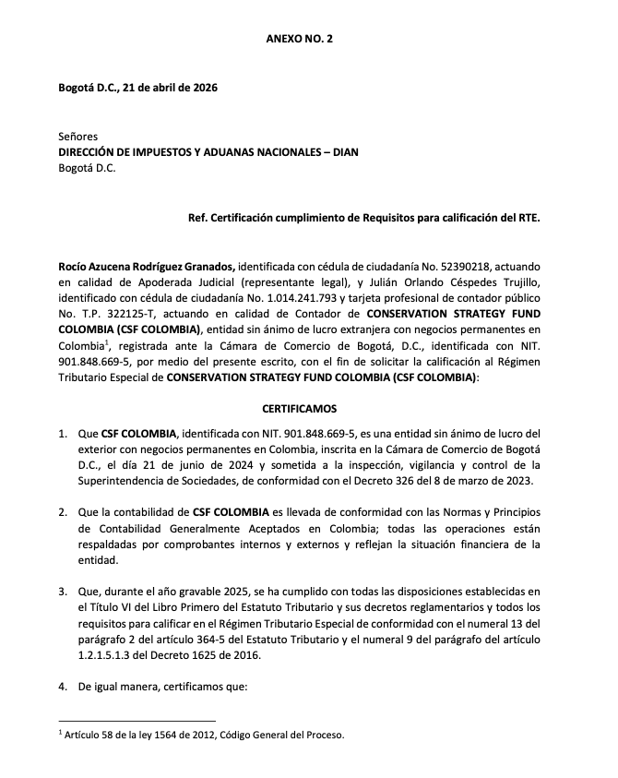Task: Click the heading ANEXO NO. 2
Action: [x=299, y=41]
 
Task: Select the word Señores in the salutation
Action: [x=77, y=136]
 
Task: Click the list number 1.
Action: [x=62, y=433]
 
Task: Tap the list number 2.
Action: [x=62, y=511]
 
